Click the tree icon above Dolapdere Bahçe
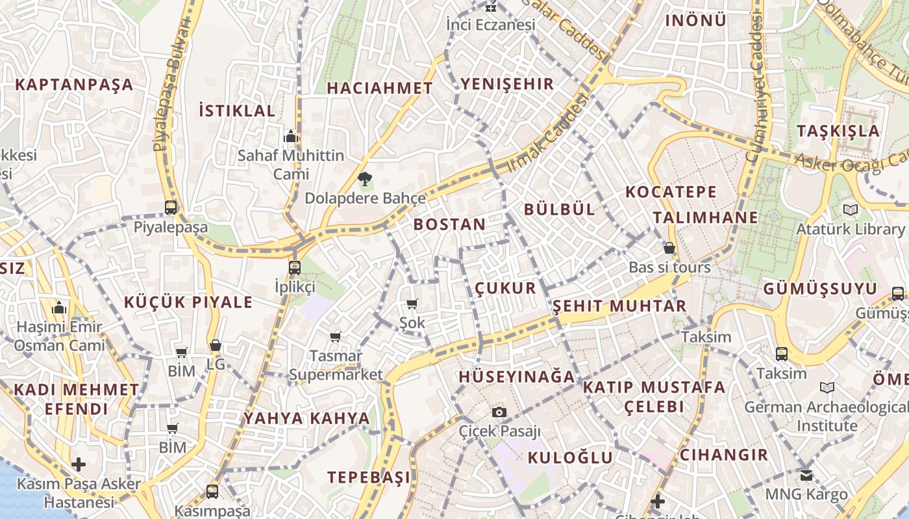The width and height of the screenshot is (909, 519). (x=364, y=178)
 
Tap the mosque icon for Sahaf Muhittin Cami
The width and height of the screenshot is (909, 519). (x=291, y=136)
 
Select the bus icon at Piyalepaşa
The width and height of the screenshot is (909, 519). (x=171, y=208)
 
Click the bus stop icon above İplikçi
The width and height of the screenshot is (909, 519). (x=295, y=267)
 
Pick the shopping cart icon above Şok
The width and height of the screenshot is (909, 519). (x=412, y=304)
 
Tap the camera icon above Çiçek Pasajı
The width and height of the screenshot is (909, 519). (x=499, y=412)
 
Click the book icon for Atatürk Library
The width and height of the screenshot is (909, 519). (x=850, y=210)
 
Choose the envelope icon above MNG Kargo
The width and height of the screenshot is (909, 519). (x=806, y=475)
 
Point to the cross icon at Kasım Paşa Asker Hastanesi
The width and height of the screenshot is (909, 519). (x=79, y=465)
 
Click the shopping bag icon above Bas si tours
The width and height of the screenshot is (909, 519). (x=669, y=248)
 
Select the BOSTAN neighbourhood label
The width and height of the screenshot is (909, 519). (x=449, y=224)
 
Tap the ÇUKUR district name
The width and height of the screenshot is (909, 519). (x=506, y=288)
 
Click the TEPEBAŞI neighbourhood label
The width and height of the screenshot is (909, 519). (x=369, y=477)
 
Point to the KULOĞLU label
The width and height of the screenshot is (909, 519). (x=570, y=457)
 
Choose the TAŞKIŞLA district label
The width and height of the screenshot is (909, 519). (x=838, y=131)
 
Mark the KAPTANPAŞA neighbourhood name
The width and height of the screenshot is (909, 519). (x=74, y=84)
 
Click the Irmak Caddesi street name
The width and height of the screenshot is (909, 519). (x=547, y=133)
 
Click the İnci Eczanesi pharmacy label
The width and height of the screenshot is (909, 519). (x=491, y=25)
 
